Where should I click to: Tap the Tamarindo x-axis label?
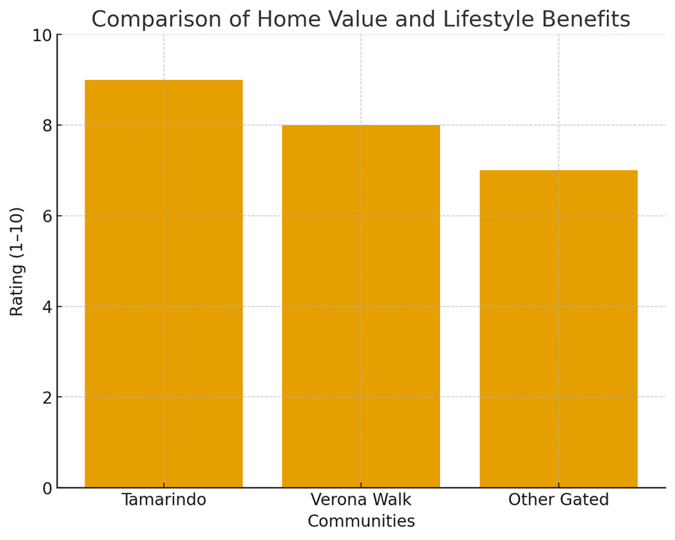pyautogui.click(x=163, y=500)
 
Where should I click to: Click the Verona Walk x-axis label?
pyautogui.click(x=361, y=500)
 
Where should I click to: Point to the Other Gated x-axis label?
pyautogui.click(x=558, y=500)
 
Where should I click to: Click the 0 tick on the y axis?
pyautogui.click(x=47, y=488)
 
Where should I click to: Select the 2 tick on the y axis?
pyautogui.click(x=47, y=398)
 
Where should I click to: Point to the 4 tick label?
pyautogui.click(x=47, y=307)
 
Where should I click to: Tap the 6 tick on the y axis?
pyautogui.click(x=47, y=216)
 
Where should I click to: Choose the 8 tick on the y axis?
pyautogui.click(x=47, y=126)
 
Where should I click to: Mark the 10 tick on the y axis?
pyautogui.click(x=42, y=35)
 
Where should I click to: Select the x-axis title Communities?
pyautogui.click(x=361, y=521)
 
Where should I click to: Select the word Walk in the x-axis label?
pyautogui.click(x=390, y=500)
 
